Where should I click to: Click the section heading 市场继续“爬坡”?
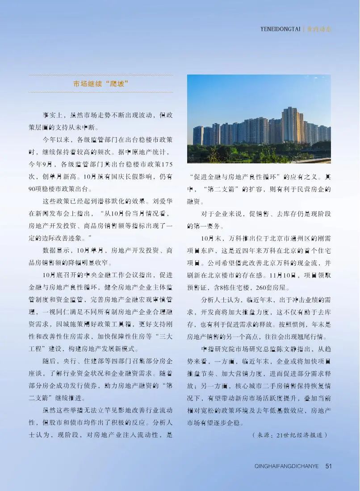(x=101, y=83)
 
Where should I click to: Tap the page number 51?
(x=329, y=466)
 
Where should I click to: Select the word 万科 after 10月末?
(x=232, y=238)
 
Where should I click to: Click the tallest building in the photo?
(x=289, y=124)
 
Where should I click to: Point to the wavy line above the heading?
(x=101, y=75)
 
